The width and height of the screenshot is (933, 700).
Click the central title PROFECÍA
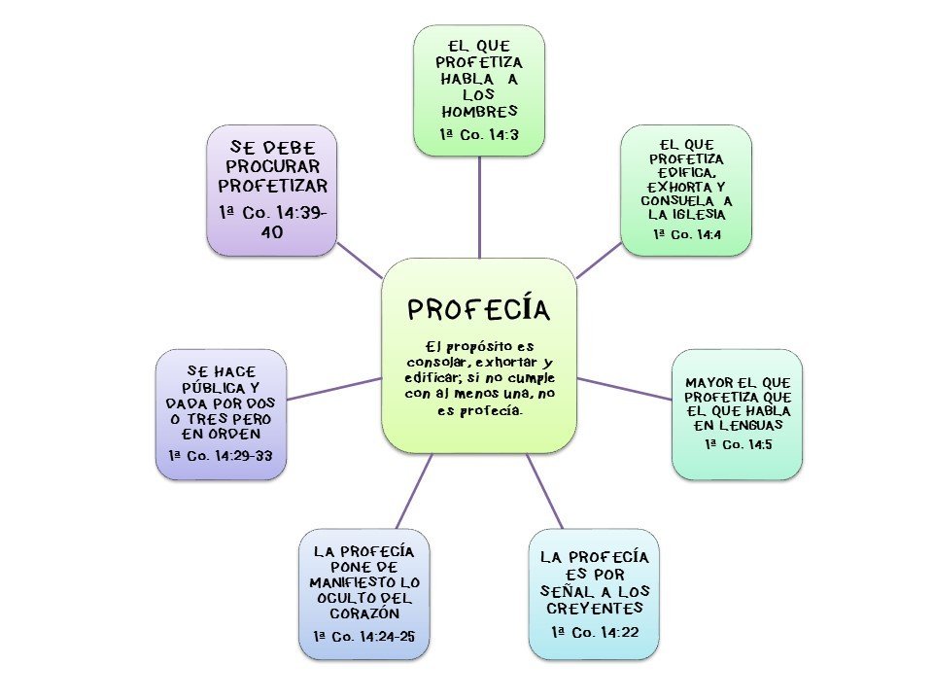tap(479, 309)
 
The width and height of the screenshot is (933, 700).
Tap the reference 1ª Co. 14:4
tap(686, 234)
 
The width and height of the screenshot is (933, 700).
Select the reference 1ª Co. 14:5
tap(738, 444)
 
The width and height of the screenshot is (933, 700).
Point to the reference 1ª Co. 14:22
tap(594, 632)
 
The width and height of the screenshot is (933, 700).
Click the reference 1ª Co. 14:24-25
tap(364, 636)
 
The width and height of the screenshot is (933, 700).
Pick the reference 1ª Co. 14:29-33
tap(222, 455)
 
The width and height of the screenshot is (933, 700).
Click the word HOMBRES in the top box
tap(479, 111)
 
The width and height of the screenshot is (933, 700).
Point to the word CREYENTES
tap(594, 609)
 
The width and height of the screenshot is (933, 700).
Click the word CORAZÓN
tap(364, 614)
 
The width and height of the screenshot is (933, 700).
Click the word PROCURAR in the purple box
tap(272, 165)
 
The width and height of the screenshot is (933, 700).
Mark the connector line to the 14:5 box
tap(624, 388)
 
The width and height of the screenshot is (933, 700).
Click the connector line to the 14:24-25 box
tap(413, 491)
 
